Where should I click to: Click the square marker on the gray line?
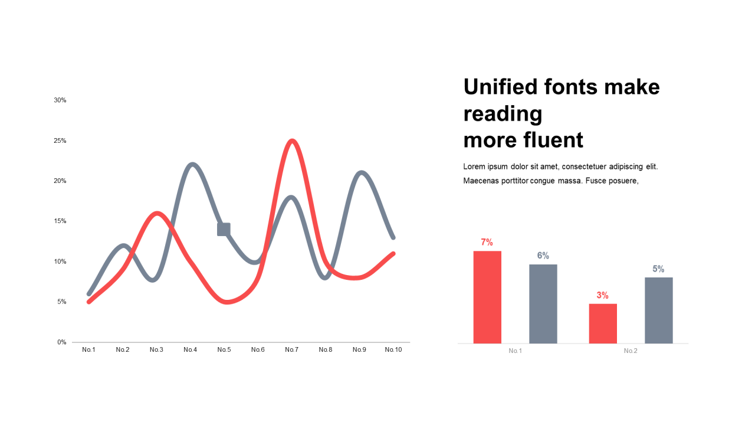pos(224,230)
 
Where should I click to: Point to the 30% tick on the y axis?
pos(60,100)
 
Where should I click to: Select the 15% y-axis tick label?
pos(60,221)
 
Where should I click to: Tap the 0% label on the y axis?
pos(62,342)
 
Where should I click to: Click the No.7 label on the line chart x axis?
pos(291,350)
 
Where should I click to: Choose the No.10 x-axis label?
pos(393,350)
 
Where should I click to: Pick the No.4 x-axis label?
pos(190,350)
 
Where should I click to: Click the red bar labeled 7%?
pos(487,297)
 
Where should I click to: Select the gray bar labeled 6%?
pos(543,304)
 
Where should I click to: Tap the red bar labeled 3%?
pos(603,323)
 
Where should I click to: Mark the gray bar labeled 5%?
pos(659,310)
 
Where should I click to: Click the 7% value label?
pos(487,242)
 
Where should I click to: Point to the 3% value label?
pos(602,296)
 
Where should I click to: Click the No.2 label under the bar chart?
pos(631,351)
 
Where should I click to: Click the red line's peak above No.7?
pos(292,140)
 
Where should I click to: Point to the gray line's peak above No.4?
pos(192,165)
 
